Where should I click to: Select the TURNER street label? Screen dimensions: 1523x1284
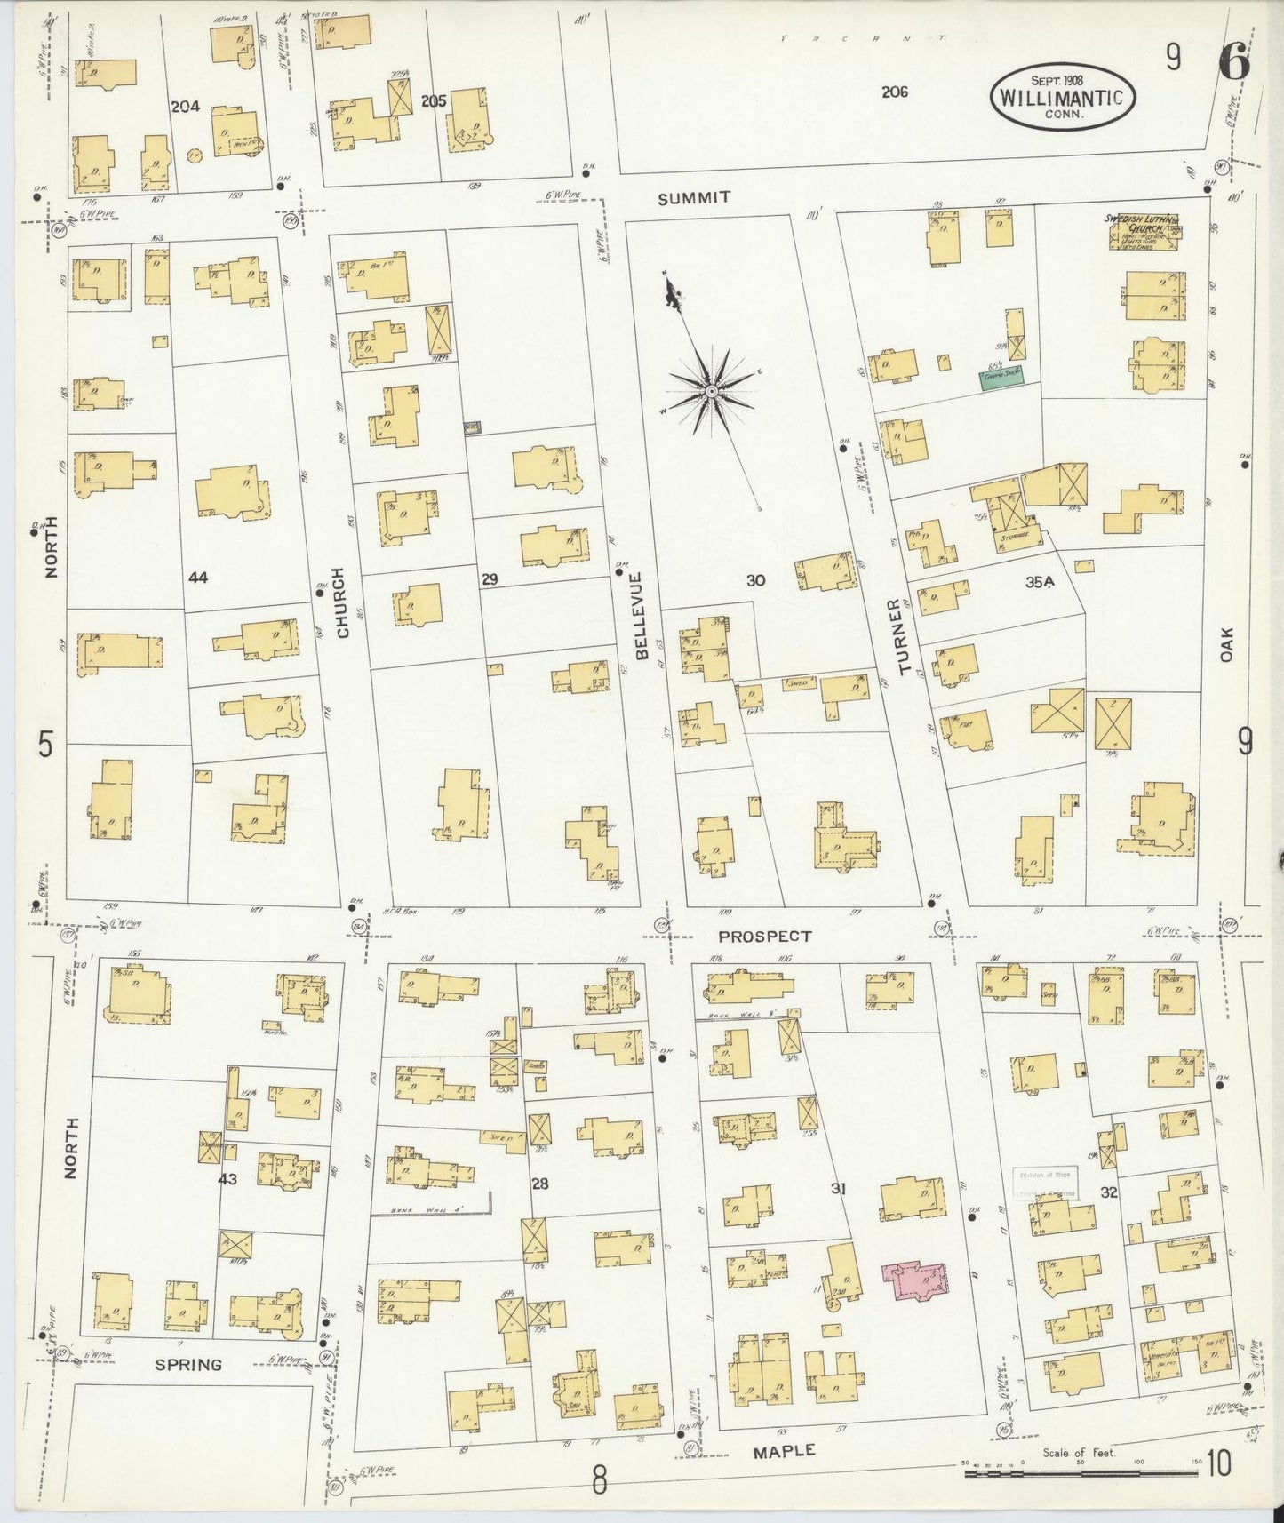point(905,642)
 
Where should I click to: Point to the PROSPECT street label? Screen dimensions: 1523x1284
point(765,936)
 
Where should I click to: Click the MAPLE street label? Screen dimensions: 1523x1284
point(784,1450)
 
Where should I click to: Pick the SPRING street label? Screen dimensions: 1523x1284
point(188,1364)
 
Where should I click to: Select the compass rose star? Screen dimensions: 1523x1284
point(712,391)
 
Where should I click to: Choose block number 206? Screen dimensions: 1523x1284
point(895,91)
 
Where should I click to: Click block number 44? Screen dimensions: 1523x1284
point(198,578)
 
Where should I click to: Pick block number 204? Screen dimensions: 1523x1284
point(185,107)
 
